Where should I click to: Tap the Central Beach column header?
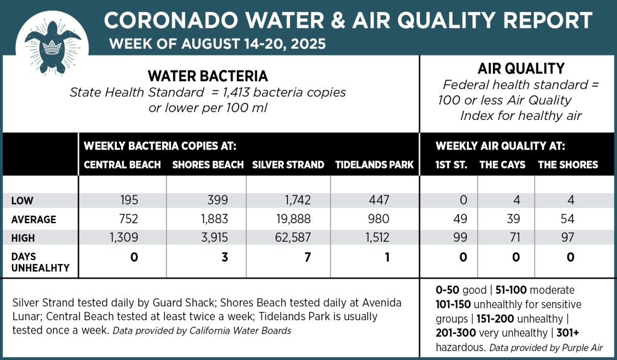122,165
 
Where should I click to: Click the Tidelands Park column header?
374,165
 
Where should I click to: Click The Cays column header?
502,165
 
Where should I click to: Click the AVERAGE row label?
34,219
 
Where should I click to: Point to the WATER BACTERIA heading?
208,77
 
